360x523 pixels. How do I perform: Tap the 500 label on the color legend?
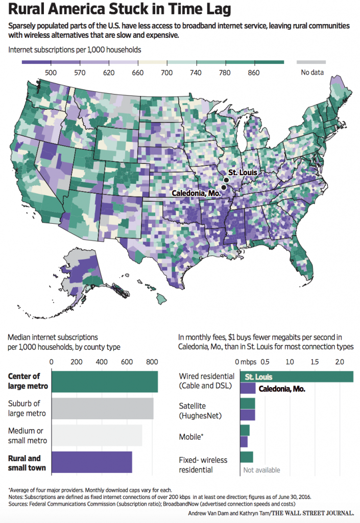(x=50, y=72)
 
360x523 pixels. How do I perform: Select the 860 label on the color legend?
(x=253, y=72)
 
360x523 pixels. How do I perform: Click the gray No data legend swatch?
(x=311, y=62)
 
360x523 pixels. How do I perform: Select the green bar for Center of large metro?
(x=105, y=381)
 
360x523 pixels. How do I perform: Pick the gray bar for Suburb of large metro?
(x=103, y=408)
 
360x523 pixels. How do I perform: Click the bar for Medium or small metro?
(x=97, y=435)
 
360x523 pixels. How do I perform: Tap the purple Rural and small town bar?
(x=92, y=462)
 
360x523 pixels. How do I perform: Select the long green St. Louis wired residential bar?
(x=296, y=377)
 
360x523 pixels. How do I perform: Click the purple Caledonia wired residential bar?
(x=248, y=389)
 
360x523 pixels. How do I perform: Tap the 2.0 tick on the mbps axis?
(x=339, y=362)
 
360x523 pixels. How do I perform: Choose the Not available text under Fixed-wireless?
(x=261, y=470)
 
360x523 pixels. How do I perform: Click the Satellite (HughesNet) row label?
(x=200, y=411)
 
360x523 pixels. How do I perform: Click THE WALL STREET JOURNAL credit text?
(x=314, y=512)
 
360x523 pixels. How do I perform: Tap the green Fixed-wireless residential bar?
(x=246, y=457)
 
